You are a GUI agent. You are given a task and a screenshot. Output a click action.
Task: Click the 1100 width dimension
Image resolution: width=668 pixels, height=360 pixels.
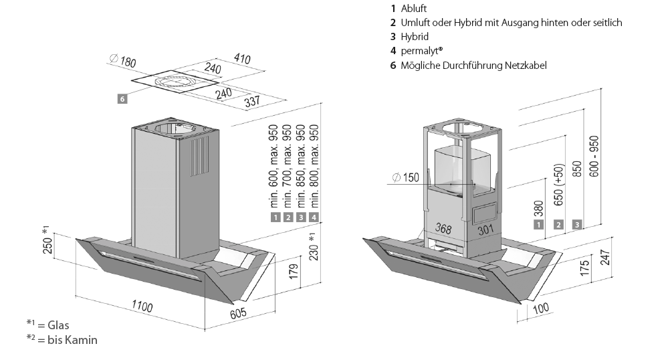point(142,306)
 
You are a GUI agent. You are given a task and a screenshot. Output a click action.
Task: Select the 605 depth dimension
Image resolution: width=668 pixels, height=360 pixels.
point(238,313)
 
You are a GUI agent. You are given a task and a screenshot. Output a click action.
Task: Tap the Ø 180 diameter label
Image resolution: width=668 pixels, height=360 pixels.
point(122,61)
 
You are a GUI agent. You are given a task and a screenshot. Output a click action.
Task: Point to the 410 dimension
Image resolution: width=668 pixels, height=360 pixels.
point(242,58)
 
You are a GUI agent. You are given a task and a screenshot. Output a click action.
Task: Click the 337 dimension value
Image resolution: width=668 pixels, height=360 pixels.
point(252,102)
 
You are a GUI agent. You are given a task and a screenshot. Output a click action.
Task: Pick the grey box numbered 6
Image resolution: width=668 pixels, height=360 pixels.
point(122,99)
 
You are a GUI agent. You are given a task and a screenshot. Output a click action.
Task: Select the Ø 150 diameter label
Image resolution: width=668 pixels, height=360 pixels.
point(406,177)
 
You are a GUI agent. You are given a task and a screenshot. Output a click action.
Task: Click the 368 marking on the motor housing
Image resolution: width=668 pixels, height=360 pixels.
point(443,229)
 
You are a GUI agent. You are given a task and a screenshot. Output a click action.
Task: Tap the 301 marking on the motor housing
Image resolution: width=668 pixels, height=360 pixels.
point(485,230)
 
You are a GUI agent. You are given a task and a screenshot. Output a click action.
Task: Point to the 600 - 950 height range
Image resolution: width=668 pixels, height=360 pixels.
point(594,156)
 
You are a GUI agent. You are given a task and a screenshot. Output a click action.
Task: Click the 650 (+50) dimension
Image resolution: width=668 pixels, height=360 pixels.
point(558,185)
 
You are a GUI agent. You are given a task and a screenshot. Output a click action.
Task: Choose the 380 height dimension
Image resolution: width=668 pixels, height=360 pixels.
point(539,209)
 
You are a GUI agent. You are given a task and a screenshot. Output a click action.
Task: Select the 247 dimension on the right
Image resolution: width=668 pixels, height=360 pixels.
point(605,258)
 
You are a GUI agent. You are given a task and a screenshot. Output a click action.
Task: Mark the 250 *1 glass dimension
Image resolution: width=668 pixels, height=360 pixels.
point(47,240)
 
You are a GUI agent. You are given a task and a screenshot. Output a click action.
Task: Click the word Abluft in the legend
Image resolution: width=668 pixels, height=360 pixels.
point(414,9)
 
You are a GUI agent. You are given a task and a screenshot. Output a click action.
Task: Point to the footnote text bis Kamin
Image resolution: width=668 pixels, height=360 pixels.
point(72,340)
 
